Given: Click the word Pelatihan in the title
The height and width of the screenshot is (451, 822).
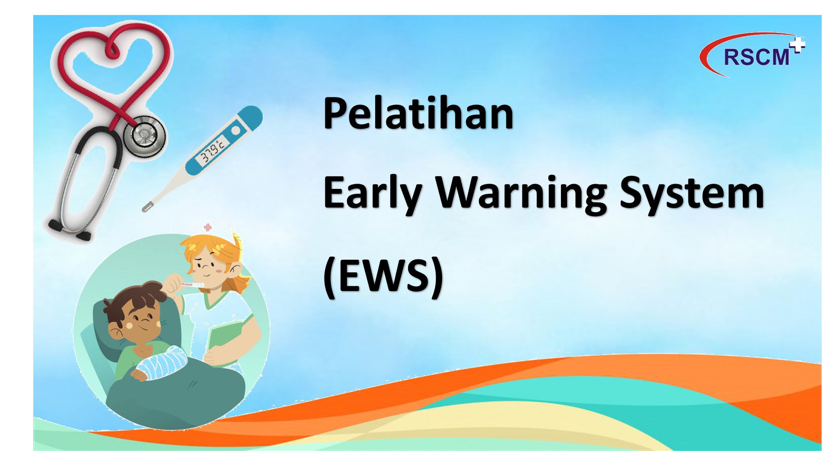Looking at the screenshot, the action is tap(418, 113).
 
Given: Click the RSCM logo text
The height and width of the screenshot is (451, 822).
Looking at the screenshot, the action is tap(757, 57).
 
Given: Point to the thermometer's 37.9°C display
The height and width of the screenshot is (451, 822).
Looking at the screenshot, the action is tap(212, 151).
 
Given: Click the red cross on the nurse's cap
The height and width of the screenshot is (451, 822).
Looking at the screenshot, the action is tap(208, 227).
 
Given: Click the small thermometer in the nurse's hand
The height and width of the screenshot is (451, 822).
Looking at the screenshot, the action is tap(191, 284).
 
